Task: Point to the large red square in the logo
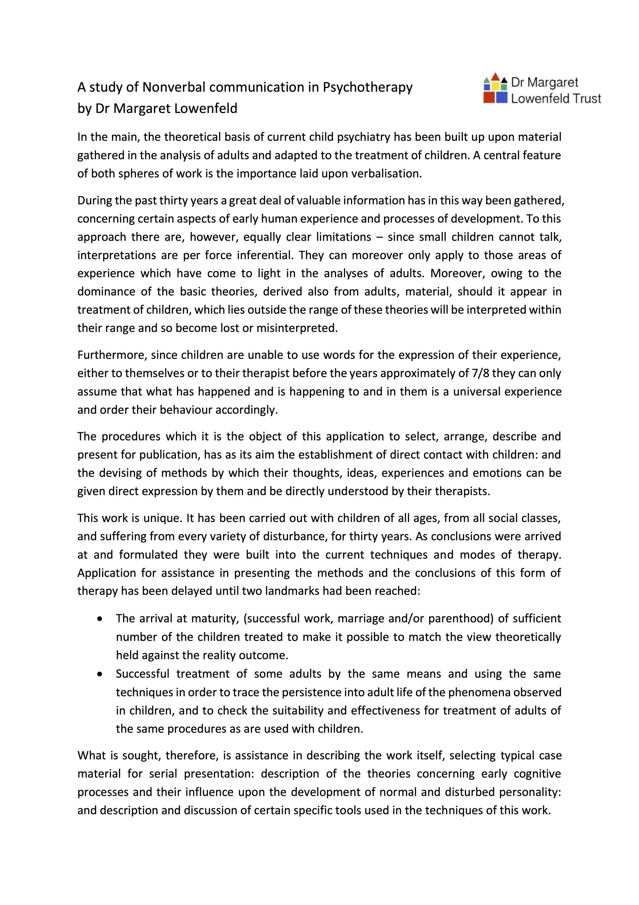tap(489, 97)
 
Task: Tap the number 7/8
tap(480, 373)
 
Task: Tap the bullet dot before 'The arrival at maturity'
tap(100, 619)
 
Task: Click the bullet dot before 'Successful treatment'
tap(100, 674)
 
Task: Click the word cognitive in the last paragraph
tap(537, 774)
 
